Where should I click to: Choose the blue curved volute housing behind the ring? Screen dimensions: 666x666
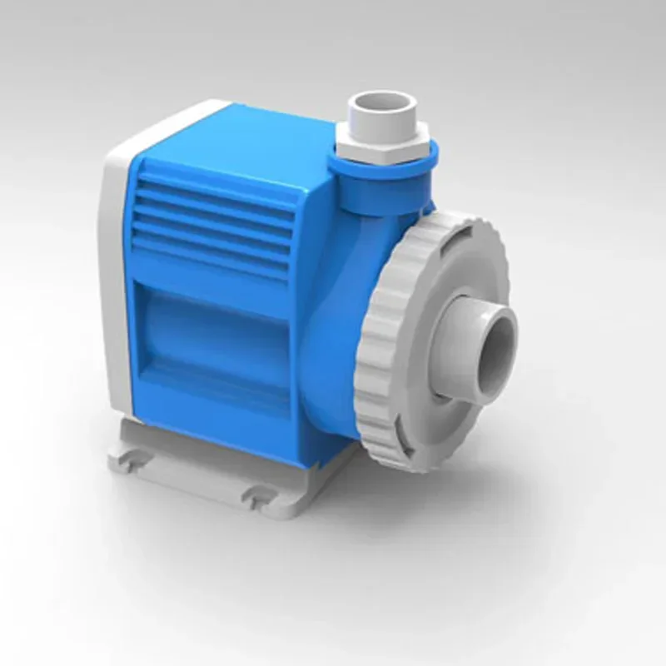333,350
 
